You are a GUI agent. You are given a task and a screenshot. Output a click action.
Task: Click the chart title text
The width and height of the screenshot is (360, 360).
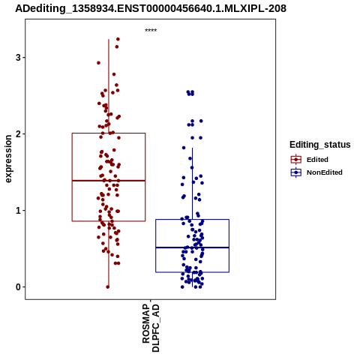(x=151, y=8)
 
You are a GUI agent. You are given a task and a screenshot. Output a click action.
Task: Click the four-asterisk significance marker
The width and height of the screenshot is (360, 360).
(x=151, y=30)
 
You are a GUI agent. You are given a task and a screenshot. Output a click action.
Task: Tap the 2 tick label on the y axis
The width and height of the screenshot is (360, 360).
(x=18, y=134)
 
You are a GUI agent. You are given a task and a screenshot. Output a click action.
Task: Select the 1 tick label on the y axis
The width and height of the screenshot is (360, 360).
(x=18, y=211)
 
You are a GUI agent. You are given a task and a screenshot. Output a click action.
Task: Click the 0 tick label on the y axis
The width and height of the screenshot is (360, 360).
(x=18, y=287)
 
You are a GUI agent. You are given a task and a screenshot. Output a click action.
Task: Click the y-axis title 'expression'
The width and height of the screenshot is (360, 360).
(x=8, y=159)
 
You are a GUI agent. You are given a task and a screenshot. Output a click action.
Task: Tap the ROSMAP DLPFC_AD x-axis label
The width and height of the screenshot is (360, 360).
(x=151, y=328)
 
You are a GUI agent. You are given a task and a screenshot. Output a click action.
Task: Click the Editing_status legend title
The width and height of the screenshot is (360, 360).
(x=320, y=145)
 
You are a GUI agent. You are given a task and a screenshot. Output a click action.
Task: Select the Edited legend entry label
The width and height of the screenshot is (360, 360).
(x=317, y=160)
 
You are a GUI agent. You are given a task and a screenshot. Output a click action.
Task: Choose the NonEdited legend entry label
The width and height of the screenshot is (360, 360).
(x=325, y=172)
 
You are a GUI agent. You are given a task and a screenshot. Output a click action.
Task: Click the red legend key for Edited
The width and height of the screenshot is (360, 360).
(x=296, y=160)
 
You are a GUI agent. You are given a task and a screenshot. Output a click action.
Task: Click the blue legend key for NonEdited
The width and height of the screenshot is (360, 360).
(x=296, y=172)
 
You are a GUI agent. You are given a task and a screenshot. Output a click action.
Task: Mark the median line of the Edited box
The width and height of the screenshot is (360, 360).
(x=109, y=181)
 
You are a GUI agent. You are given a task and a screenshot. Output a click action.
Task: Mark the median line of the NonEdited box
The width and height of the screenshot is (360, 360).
(x=192, y=247)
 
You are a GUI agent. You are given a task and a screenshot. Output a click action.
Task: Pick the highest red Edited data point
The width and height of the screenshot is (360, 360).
(x=118, y=39)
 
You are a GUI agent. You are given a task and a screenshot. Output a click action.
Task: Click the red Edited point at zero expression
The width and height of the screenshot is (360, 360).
(x=108, y=287)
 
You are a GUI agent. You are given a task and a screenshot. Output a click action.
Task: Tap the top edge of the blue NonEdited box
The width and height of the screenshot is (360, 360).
(x=192, y=220)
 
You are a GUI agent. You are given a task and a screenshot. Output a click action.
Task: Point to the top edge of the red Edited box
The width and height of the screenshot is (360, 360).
(x=109, y=133)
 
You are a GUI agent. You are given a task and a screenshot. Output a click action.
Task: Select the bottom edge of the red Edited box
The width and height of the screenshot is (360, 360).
(x=109, y=221)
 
